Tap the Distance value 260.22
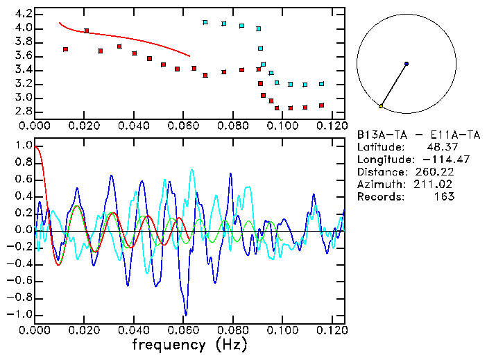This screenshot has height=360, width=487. (436, 172)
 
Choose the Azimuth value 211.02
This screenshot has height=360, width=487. (436, 185)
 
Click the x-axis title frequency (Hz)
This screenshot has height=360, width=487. (189, 344)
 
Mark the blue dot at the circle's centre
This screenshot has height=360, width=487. (407, 64)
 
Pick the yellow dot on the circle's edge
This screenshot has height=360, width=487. (381, 106)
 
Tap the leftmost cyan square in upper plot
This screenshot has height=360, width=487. (205, 22)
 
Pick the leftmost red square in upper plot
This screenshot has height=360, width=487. (65, 49)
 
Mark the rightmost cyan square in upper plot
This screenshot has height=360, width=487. (321, 83)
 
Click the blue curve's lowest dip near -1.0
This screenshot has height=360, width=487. (185, 314)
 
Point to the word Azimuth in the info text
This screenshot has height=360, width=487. (379, 185)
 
